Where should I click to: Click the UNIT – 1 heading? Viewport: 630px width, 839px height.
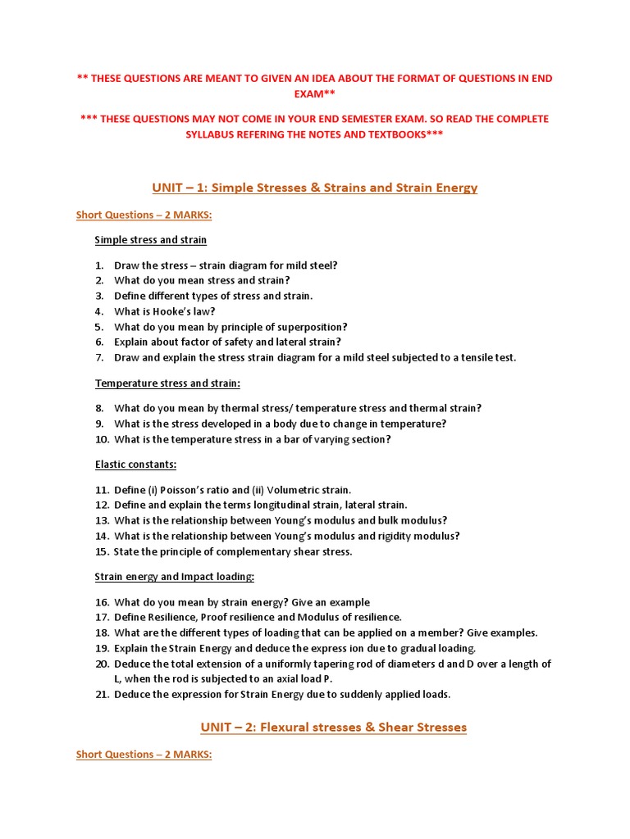point(314,188)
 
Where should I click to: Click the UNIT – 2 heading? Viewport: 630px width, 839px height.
point(333,727)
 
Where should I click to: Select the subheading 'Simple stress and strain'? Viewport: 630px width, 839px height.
point(151,240)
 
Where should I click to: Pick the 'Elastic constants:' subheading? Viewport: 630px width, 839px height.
point(135,465)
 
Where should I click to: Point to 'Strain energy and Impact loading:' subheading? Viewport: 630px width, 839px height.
point(175,577)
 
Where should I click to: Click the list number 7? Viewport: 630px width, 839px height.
point(99,358)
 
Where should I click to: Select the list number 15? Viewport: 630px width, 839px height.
point(102,551)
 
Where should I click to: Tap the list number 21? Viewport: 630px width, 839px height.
point(102,695)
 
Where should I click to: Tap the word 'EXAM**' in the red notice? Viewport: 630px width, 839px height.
point(314,94)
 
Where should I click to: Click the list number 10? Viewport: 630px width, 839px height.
point(102,439)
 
